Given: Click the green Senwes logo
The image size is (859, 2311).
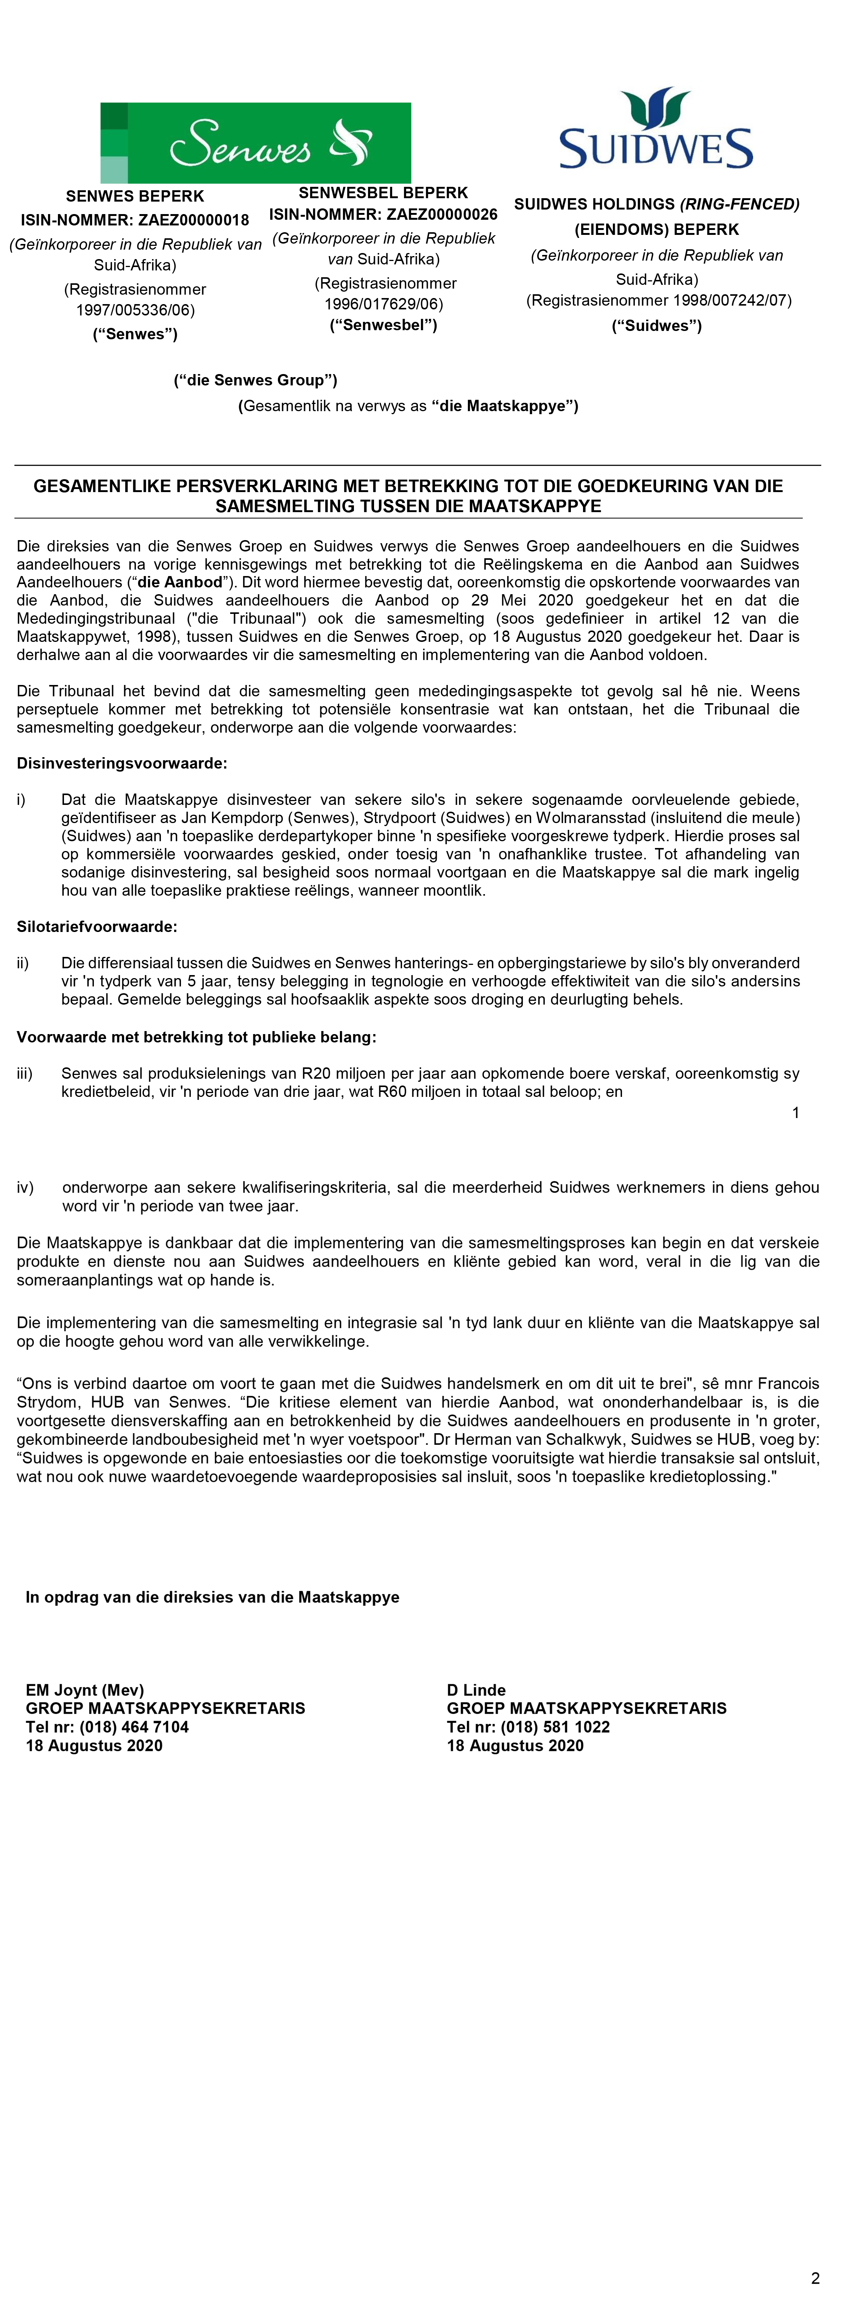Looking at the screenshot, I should click(256, 143).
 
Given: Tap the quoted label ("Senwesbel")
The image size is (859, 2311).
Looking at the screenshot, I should click(383, 325).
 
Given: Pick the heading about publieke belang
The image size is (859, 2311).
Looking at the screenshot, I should click(196, 1037).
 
